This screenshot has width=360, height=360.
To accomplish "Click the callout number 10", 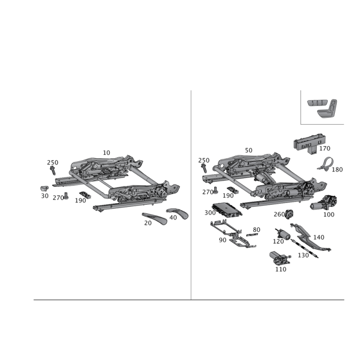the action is point(106,153).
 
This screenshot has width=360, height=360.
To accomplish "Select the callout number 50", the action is point(248,150).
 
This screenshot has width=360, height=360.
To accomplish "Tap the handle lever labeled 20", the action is point(154,218).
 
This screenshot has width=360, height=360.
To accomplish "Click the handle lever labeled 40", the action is point(178,212).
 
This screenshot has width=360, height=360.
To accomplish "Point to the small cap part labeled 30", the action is point(44,189).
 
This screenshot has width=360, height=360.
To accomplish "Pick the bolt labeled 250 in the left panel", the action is point(53,171).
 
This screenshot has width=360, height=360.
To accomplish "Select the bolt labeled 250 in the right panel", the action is point(204,168).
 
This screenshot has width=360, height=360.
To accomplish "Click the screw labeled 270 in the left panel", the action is point(66,196).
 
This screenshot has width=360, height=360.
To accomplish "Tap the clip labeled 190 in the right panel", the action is point(233,190).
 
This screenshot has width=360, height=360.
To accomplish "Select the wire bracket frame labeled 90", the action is point(232,234).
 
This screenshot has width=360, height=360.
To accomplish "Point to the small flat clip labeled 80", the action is point(252,234).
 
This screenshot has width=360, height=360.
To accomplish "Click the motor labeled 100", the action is point(324,202).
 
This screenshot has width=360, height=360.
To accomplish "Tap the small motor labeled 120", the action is point(283,234).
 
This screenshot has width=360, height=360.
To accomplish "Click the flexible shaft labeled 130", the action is point(305,249).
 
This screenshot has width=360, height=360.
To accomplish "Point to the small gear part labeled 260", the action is point(289,214).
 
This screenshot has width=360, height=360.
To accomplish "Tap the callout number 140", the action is point(319,237).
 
